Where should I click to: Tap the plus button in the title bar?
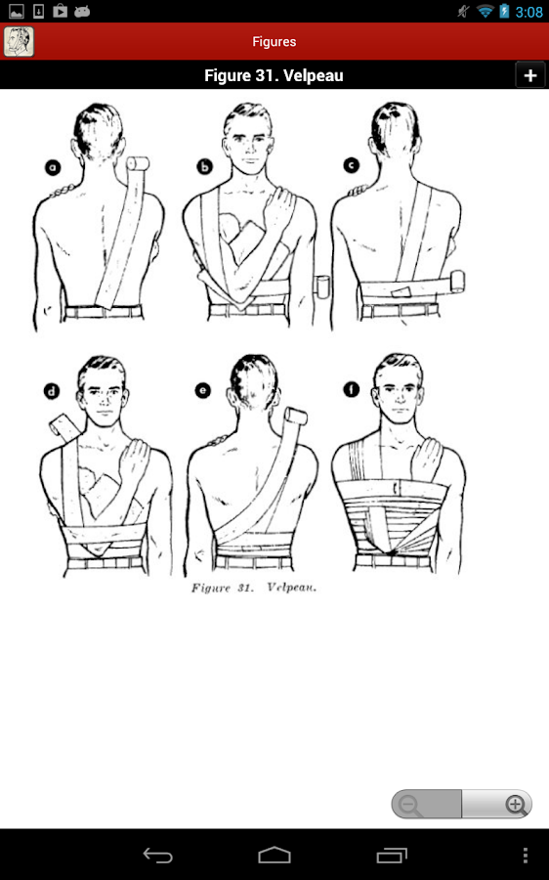[529, 75]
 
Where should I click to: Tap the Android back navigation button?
[158, 855]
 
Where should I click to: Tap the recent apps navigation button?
[392, 855]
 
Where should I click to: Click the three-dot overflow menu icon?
[526, 855]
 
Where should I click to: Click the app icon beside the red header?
[19, 41]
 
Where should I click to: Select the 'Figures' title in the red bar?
[274, 41]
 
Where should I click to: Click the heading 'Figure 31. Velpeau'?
[274, 75]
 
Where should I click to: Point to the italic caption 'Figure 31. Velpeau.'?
[256, 589]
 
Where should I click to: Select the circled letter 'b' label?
[205, 167]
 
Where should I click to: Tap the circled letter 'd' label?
[51, 392]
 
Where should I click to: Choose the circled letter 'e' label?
[203, 390]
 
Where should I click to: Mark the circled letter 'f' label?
[350, 390]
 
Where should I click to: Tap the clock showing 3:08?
[528, 12]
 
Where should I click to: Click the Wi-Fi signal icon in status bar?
[485, 12]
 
